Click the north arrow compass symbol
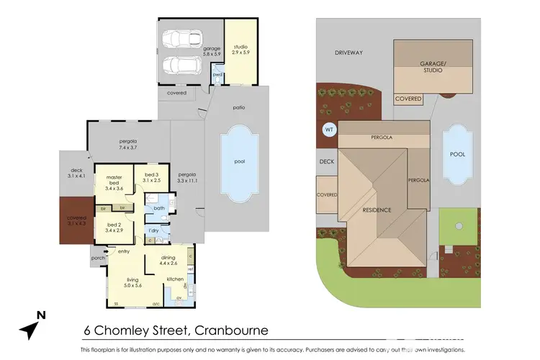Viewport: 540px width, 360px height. (x=32, y=325)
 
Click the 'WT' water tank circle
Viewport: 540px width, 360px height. (x=329, y=130)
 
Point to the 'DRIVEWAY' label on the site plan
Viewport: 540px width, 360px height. (x=348, y=53)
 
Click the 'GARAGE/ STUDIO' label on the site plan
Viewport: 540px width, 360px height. (x=433, y=67)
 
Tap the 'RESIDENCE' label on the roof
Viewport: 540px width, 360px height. (x=377, y=210)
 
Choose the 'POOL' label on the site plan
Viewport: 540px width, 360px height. (x=457, y=154)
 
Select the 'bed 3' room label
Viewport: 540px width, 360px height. (x=150, y=178)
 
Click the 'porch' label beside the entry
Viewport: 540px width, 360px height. (x=98, y=257)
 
